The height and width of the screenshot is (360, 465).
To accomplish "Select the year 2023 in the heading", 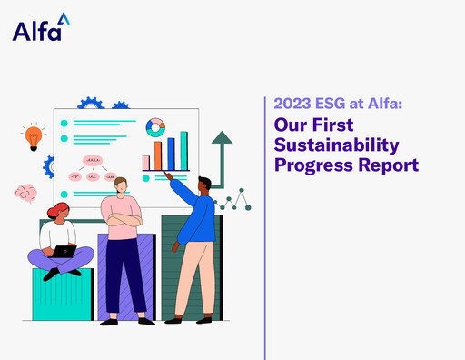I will click(293, 105).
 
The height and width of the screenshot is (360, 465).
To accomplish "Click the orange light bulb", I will click(34, 137).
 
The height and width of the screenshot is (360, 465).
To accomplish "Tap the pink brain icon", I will click(25, 193).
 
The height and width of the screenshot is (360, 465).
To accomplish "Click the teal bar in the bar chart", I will click(183, 150).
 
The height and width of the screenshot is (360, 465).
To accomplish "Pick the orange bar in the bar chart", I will click(158, 155).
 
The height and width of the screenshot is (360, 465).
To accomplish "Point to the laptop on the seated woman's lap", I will click(63, 251).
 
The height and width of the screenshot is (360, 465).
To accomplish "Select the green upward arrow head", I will click(221, 138).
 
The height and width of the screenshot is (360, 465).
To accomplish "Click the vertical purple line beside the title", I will click(264, 227).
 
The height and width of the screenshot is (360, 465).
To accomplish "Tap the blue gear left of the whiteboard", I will click(50, 166).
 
